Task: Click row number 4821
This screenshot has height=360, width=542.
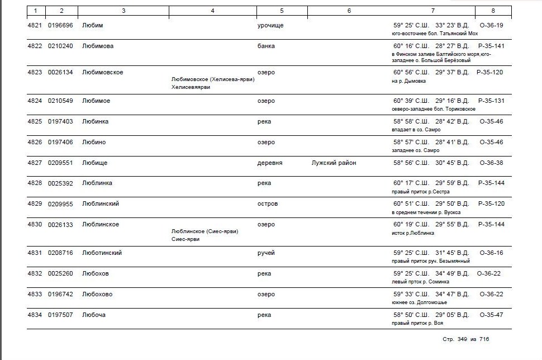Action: [x=35, y=25]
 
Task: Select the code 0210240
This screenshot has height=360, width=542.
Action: [x=60, y=46]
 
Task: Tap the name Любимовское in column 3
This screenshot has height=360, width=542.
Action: [x=102, y=72]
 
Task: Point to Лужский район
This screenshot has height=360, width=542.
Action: [x=334, y=163]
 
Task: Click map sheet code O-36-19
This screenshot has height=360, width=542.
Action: [x=491, y=25]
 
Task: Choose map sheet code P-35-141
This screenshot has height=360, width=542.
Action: [x=491, y=46]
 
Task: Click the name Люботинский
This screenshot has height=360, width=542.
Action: [x=102, y=253]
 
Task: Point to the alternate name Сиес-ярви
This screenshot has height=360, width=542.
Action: [x=185, y=239]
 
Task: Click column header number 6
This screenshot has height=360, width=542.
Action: [x=349, y=11]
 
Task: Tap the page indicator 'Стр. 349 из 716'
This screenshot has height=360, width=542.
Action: [x=465, y=339]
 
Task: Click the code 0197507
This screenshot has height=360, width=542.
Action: [x=60, y=315]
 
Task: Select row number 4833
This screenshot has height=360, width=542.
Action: [x=35, y=294]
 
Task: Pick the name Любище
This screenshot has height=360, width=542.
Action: [x=94, y=163]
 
